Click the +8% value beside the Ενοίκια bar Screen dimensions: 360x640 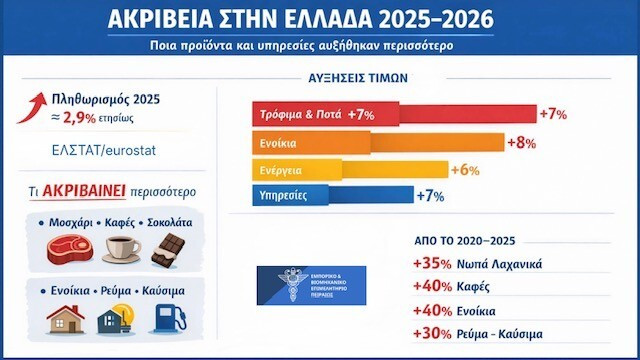click(x=523, y=142)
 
